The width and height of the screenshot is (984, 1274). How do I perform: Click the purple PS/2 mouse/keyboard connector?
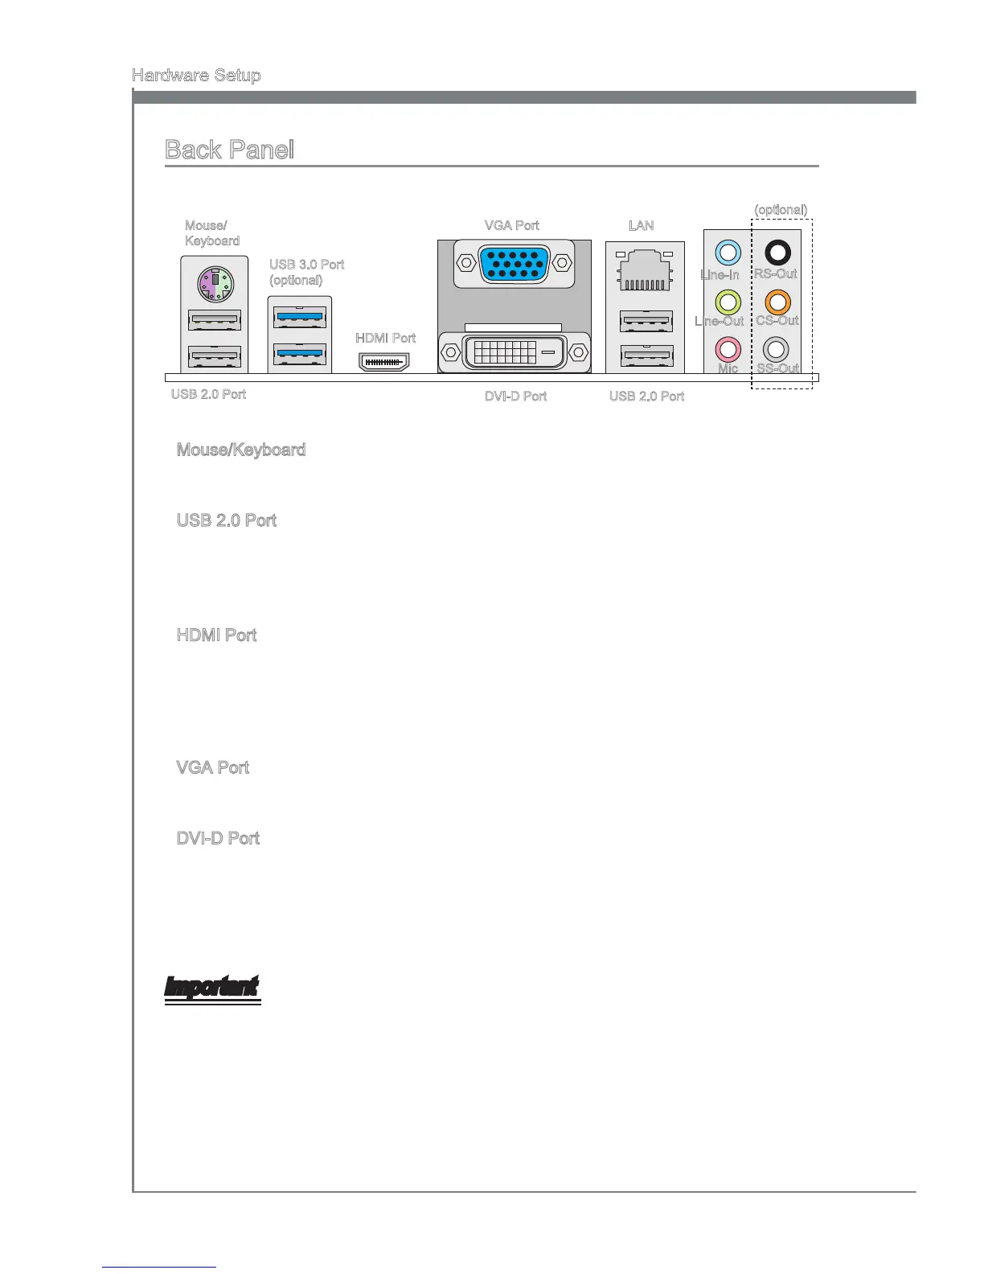[214, 284]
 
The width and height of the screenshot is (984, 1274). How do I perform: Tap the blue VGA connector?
[515, 263]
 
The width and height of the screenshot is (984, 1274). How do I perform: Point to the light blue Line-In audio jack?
[728, 253]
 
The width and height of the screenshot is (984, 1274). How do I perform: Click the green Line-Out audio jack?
[728, 302]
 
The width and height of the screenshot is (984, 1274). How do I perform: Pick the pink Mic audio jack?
[728, 349]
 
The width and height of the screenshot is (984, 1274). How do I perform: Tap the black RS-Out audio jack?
[777, 253]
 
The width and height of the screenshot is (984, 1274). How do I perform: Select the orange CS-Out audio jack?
[777, 302]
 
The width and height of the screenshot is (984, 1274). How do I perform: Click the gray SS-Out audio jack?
[776, 349]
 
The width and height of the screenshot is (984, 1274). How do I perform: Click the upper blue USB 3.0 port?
[300, 318]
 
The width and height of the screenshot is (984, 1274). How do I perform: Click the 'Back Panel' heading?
[230, 150]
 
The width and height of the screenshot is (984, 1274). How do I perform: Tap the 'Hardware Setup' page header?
[196, 76]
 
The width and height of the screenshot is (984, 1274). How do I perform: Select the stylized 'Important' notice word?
[212, 988]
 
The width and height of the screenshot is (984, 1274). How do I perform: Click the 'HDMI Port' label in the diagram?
[386, 338]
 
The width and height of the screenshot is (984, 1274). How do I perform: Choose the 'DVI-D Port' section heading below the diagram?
[218, 838]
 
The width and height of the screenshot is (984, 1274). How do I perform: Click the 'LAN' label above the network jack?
[642, 225]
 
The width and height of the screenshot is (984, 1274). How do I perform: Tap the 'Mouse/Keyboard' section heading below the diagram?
[241, 450]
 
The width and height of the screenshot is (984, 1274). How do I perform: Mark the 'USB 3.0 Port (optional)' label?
[306, 272]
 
